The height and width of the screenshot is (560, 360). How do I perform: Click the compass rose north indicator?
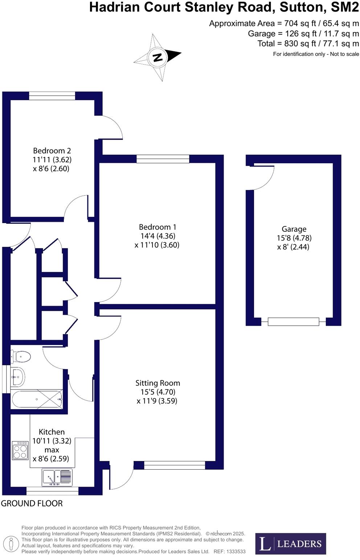[x=157, y=57]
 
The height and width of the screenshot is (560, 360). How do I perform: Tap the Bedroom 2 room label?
[x=52, y=151]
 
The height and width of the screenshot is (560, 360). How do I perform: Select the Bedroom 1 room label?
[x=157, y=227]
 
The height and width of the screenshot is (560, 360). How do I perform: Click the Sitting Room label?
[x=157, y=383]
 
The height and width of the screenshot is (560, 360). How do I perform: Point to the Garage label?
[x=294, y=229]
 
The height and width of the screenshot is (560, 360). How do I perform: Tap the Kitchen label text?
[x=52, y=432]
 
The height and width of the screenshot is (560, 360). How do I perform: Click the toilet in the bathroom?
[x=21, y=357]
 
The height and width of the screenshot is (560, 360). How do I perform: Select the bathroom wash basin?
[x=17, y=377]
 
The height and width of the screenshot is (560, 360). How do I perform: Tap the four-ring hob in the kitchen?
[x=20, y=450]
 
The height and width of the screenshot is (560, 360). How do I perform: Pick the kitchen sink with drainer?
[x=57, y=477]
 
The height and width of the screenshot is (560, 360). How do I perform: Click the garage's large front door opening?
[x=293, y=321]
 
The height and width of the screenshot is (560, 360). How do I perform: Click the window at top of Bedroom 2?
[x=52, y=96]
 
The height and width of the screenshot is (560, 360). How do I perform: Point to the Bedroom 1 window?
[x=163, y=159]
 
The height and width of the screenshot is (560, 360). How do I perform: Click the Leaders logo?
[x=290, y=544]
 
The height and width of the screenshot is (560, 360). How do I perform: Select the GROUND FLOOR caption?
[x=32, y=503]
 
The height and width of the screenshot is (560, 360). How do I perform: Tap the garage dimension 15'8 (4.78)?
[x=294, y=238]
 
